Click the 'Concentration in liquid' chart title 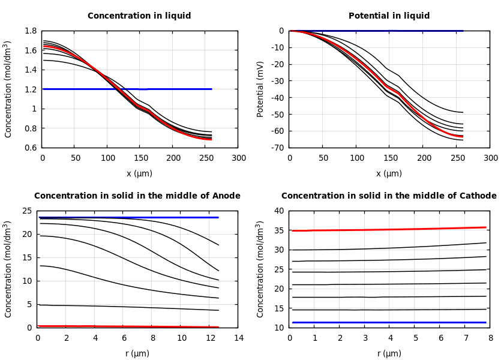tap(139, 16)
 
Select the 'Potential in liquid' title tap(389, 16)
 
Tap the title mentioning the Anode tap(137, 196)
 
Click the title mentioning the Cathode tap(389, 196)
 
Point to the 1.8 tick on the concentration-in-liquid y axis tap(31, 31)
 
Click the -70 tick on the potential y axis tap(277, 148)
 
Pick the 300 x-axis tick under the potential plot tap(490, 158)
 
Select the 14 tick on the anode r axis tap(238, 338)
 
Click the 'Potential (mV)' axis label tap(260, 89)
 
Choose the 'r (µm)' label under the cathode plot tap(389, 353)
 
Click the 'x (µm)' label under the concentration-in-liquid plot tap(139, 173)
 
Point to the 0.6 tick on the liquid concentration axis tap(31, 148)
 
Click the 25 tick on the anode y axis tap(28, 211)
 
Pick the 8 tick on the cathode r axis tap(490, 338)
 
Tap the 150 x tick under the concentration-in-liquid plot tap(107, 158)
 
